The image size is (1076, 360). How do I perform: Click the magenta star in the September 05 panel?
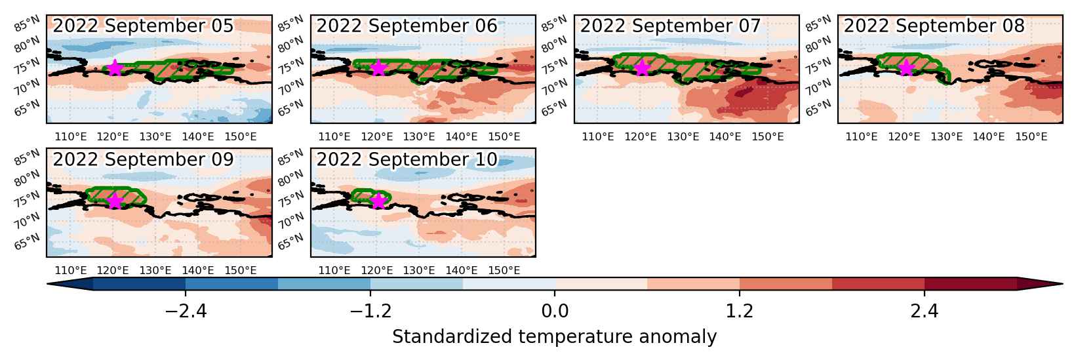(115, 68)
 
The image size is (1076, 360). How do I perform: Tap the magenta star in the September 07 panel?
(642, 68)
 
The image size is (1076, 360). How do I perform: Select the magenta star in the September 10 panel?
(378, 201)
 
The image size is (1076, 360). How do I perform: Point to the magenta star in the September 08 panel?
(906, 68)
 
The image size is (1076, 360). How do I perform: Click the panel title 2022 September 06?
(407, 26)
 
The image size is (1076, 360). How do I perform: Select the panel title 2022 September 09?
(143, 159)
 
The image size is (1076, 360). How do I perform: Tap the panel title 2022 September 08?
(934, 26)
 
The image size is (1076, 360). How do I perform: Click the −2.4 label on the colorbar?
(186, 311)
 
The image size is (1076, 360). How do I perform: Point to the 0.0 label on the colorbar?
(555, 311)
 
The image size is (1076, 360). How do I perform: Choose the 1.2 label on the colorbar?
(739, 311)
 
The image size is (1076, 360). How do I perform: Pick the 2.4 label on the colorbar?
(925, 311)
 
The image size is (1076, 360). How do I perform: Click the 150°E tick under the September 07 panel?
(768, 137)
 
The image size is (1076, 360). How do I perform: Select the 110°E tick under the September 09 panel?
(71, 271)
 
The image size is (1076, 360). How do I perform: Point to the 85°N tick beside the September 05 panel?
(27, 24)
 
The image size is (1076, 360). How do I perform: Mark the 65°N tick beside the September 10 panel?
(290, 241)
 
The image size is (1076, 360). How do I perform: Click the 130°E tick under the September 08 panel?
(946, 137)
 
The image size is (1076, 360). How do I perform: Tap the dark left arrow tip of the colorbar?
(48, 284)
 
